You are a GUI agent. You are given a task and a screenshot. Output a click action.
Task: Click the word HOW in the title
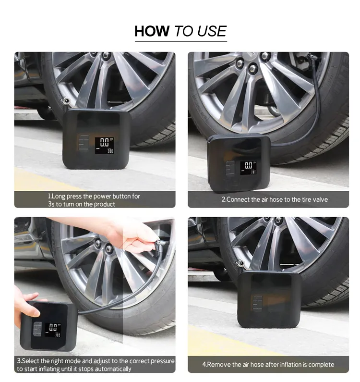(152, 31)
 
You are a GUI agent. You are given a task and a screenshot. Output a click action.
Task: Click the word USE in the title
(212, 31)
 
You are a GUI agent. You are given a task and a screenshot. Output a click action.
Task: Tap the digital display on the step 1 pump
(105, 145)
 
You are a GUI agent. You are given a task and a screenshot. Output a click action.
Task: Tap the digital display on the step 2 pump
(248, 168)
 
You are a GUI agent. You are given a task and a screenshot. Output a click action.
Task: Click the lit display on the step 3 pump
(53, 330)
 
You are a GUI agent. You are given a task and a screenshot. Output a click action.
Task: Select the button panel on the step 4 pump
(257, 303)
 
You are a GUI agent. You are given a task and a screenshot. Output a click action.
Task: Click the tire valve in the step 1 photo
(65, 100)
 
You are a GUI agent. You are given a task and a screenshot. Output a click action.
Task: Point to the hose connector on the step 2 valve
(312, 58)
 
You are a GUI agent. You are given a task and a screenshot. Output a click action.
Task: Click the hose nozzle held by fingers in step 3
(161, 244)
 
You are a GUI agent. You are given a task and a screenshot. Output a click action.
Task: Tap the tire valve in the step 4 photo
(240, 263)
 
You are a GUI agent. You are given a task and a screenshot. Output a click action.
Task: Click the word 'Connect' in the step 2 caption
(238, 199)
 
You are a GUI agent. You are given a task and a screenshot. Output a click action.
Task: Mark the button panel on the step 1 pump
(84, 143)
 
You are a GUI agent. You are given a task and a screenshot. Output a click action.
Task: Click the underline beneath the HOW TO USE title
(181, 42)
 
